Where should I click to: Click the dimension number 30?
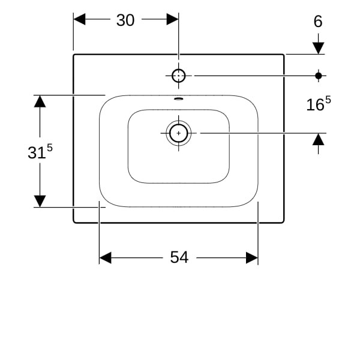pyautogui.click(x=125, y=20)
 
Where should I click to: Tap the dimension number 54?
pyautogui.click(x=179, y=257)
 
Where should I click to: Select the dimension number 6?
pyautogui.click(x=318, y=22)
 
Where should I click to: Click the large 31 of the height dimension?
pyautogui.click(x=37, y=152)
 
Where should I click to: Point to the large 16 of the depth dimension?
pyautogui.click(x=315, y=105)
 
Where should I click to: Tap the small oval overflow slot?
pyautogui.click(x=179, y=99)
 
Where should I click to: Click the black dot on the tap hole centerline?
pyautogui.click(x=318, y=76)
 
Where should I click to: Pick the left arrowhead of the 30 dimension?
pyautogui.click(x=79, y=19)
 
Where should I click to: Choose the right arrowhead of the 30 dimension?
pyautogui.click(x=172, y=19)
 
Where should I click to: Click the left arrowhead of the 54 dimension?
pyautogui.click(x=106, y=257)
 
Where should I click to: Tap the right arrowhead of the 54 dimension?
pyautogui.click(x=252, y=257)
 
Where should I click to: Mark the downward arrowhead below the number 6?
pyautogui.click(x=318, y=48)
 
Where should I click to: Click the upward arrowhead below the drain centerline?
pyautogui.click(x=318, y=139)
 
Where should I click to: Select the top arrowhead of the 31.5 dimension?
pyautogui.click(x=40, y=101)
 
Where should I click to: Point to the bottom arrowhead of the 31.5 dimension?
pyautogui.click(x=40, y=201)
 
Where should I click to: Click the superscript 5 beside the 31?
pyautogui.click(x=50, y=148)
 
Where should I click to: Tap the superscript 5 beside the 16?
pyautogui.click(x=328, y=100)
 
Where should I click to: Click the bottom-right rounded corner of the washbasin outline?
pyautogui.click(x=283, y=221)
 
